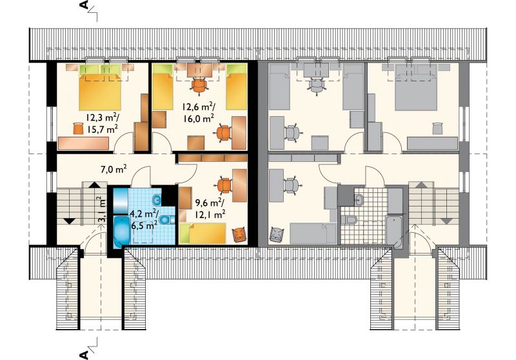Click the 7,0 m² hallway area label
[x=114, y=170]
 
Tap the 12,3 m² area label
[x=103, y=117]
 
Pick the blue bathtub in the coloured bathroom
[x=122, y=232]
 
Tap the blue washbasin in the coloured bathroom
[x=157, y=199]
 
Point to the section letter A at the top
[x=84, y=5]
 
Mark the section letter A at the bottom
[x=84, y=355]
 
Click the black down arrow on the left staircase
[x=69, y=221]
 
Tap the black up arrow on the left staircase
[x=94, y=185]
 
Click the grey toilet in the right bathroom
[x=350, y=219]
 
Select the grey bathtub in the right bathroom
[x=394, y=232]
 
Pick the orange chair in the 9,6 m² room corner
[x=239, y=235]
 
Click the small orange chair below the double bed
[x=77, y=128]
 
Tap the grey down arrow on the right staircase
[x=446, y=221]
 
